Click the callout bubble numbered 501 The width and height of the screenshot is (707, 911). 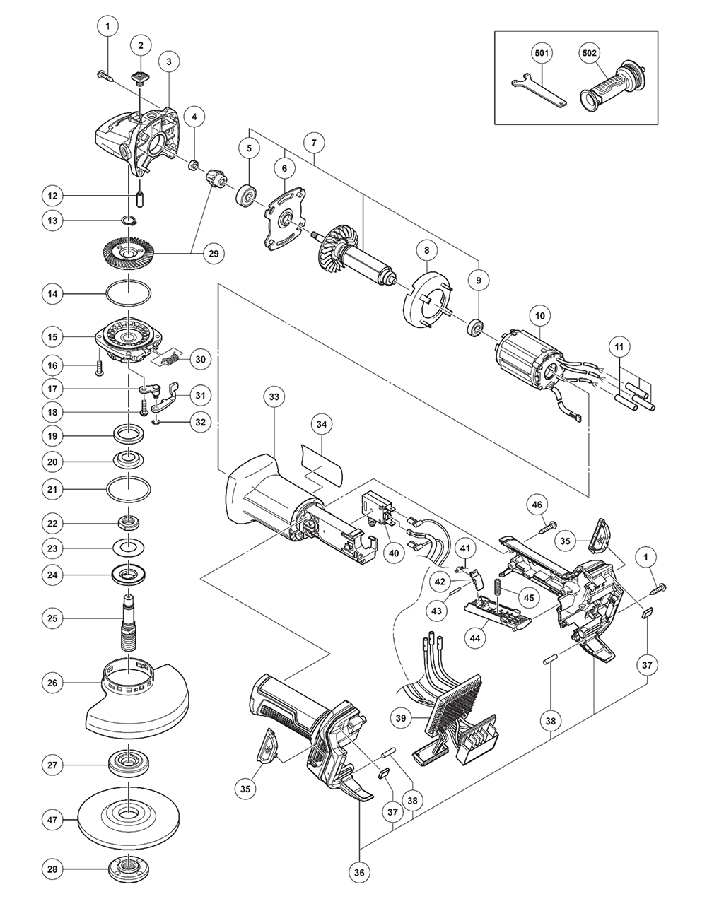[x=542, y=53]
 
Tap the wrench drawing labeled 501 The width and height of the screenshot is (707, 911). [x=537, y=90]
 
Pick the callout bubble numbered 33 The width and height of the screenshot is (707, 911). [x=274, y=397]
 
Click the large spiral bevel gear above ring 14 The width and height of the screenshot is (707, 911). [x=129, y=252]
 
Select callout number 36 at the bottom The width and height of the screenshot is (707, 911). [x=360, y=872]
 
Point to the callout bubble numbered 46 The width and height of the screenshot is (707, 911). [x=537, y=505]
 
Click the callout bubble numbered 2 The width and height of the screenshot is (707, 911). [x=141, y=46]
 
